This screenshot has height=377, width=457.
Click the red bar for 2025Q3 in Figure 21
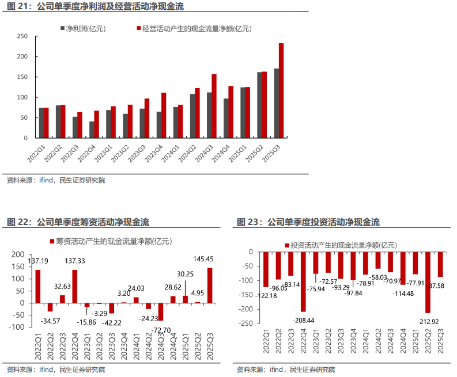[x=281, y=90]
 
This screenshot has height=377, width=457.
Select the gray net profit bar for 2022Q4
[x=92, y=130]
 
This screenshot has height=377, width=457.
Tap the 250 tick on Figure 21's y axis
[x=23, y=36]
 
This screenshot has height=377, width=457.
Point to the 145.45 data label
[x=203, y=259]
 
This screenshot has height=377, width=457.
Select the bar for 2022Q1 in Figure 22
[x=38, y=286]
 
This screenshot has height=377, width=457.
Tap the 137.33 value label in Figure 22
[x=74, y=261]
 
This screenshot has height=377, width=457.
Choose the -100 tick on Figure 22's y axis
[x=17, y=327]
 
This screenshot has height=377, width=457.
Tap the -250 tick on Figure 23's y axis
[x=246, y=323]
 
